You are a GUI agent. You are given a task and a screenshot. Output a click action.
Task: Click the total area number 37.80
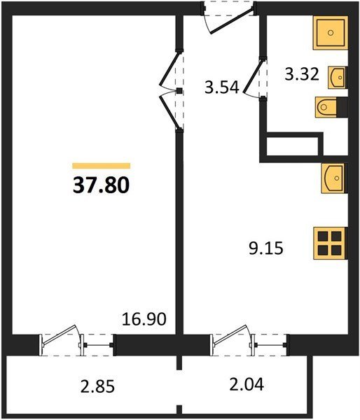point(101,185)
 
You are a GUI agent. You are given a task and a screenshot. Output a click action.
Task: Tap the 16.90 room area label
point(144,319)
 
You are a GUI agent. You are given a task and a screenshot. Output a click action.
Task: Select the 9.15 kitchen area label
point(266,248)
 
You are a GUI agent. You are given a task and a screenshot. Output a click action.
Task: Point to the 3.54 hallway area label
point(222,87)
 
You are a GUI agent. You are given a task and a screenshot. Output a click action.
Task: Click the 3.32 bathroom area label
point(302,74)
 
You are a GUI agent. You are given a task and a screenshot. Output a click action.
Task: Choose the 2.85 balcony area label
point(97,386)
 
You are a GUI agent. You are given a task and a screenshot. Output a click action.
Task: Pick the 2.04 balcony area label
point(247,384)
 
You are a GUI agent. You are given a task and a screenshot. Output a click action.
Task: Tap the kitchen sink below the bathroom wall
point(334,178)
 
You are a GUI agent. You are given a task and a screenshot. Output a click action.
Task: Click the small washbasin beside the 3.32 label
point(338,78)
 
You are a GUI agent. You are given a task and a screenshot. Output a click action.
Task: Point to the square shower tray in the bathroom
point(331,33)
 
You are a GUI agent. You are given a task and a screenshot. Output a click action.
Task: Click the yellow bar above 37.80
point(102,166)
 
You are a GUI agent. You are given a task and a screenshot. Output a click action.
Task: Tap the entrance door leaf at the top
point(232,21)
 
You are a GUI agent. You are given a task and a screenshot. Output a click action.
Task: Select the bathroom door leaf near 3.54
point(253,76)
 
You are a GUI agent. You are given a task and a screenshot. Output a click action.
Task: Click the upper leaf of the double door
point(169,69)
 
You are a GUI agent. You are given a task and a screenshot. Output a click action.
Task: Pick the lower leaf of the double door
point(169,113)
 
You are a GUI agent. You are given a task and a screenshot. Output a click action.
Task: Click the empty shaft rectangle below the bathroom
point(293,146)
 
